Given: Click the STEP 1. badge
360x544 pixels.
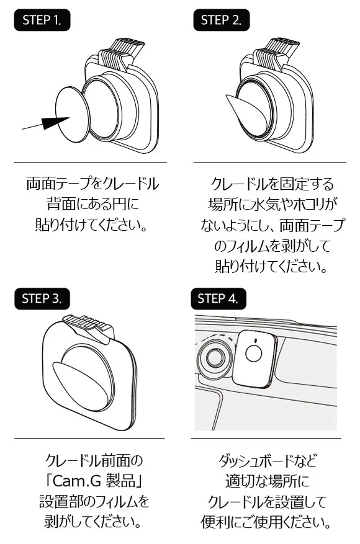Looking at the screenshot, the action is point(42,20).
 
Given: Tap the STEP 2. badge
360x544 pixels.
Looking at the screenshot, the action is point(221,20).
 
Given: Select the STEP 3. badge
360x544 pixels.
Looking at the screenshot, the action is point(42,299).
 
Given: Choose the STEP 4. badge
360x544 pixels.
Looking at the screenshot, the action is point(218,299).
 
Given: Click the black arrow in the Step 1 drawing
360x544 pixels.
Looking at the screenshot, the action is point(45,123).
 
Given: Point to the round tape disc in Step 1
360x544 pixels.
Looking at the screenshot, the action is point(73,114).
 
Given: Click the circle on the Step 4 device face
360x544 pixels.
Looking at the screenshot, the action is point(253,353).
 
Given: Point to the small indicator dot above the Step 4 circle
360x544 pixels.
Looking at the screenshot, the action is point(255,341).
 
